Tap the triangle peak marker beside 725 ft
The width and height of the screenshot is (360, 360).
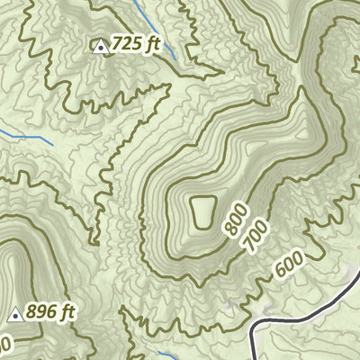[x=101, y=46]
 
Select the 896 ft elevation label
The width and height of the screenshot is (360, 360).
[x=51, y=313]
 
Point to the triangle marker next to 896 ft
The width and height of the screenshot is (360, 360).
[x=14, y=315]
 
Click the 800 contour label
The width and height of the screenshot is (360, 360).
[x=236, y=219]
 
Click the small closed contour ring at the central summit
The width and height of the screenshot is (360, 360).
[x=202, y=213]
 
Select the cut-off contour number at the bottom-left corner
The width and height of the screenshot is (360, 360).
[x=4, y=344]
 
